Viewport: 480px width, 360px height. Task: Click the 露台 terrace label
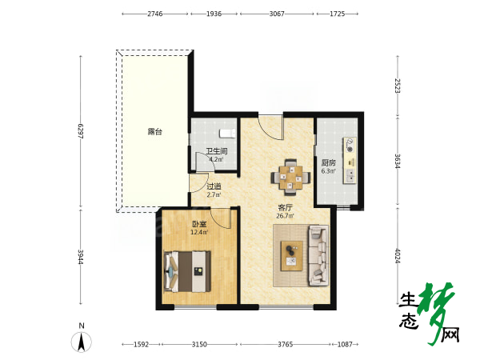point(155,132)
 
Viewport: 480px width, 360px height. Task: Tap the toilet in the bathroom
point(227,134)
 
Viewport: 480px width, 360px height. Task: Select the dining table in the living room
point(290,178)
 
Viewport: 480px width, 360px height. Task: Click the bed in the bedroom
point(187,271)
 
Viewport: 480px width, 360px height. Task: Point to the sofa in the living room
point(318,256)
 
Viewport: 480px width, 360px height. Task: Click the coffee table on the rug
point(292,256)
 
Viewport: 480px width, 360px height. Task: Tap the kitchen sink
point(350,175)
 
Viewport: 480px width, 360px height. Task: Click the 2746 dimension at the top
point(155,14)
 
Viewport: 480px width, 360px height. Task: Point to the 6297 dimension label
point(81,131)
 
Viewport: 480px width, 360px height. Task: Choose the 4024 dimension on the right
point(398,256)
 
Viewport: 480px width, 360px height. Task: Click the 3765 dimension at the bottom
point(285,344)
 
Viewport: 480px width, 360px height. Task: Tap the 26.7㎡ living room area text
point(285,216)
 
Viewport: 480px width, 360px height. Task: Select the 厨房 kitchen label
point(329,163)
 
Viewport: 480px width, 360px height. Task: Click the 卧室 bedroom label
point(199,224)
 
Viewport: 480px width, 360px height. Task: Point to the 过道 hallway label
point(214,186)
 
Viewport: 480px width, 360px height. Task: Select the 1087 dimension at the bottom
point(345,344)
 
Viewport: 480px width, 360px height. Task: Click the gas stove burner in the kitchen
point(350,145)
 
